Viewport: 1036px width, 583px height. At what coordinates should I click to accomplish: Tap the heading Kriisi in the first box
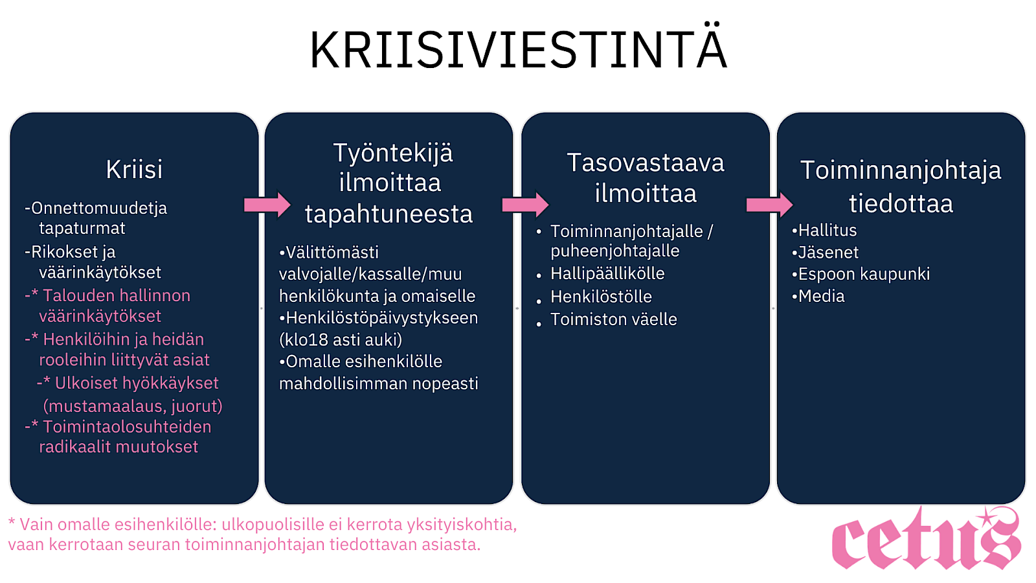click(x=134, y=169)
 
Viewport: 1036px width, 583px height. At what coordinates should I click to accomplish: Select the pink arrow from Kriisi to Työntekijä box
click(x=267, y=205)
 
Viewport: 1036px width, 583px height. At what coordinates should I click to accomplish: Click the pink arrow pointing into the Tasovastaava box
click(x=525, y=205)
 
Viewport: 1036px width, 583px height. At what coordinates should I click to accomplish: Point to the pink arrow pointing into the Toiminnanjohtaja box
click(x=770, y=205)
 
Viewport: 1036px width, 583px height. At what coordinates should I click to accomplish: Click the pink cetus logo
click(x=926, y=538)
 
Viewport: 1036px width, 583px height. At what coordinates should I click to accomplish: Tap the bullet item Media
click(x=818, y=296)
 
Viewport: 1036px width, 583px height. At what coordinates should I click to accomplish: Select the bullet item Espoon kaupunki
click(x=861, y=274)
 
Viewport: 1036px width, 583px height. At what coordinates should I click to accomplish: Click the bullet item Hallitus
click(x=824, y=231)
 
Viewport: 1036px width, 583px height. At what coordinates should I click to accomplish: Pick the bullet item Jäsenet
click(x=825, y=252)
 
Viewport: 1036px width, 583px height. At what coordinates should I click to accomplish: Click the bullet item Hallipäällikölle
click(x=600, y=273)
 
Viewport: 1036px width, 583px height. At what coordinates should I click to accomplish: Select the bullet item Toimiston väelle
click(x=606, y=319)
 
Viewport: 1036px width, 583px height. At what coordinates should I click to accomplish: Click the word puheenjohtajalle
click(x=615, y=251)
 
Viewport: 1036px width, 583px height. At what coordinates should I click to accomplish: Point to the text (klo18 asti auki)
click(x=341, y=340)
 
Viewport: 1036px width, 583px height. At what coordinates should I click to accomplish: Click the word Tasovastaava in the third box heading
click(x=646, y=163)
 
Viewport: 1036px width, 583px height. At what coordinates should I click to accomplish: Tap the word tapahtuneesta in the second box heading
click(x=388, y=214)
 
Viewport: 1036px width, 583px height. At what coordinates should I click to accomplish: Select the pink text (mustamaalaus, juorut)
click(x=133, y=406)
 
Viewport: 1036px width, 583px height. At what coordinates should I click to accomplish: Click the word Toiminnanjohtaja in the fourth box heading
click(x=901, y=171)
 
